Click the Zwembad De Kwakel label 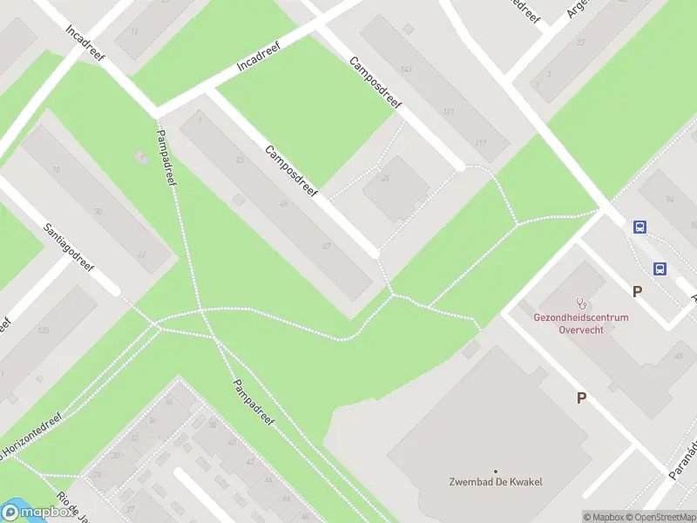(496, 482)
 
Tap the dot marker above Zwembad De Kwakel (496, 471)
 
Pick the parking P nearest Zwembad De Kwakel (581, 397)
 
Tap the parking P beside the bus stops (637, 292)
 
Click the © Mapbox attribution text (604, 517)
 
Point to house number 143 (405, 69)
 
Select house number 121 (449, 112)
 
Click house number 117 (480, 144)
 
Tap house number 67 (326, 247)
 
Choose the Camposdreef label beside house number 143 (376, 83)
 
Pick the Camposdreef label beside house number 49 (292, 170)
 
